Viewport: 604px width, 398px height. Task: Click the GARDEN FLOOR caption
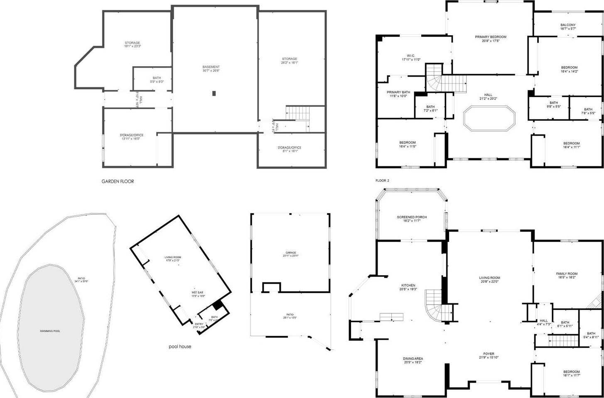pyautogui.click(x=118, y=181)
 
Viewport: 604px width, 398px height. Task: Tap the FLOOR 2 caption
pyautogui.click(x=382, y=181)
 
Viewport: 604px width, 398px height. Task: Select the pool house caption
pyautogui.click(x=180, y=346)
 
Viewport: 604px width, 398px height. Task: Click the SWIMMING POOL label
pyautogui.click(x=50, y=331)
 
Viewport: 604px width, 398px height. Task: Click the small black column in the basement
pyautogui.click(x=214, y=93)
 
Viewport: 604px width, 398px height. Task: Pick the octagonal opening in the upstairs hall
pyautogui.click(x=489, y=118)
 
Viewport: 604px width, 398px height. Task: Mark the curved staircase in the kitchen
pyautogui.click(x=435, y=305)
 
